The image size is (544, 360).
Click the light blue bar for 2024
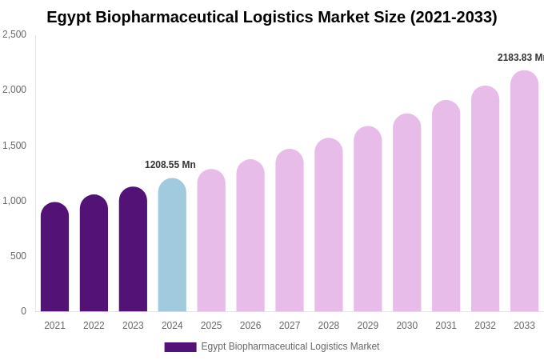(172, 245)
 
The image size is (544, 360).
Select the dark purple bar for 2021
(54, 257)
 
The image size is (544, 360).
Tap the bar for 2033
(524, 191)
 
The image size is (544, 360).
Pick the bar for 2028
(328, 225)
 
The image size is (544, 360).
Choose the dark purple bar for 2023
(133, 249)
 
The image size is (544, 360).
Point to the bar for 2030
(406, 213)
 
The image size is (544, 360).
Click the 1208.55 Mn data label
(170, 165)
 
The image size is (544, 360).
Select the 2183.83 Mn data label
(520, 58)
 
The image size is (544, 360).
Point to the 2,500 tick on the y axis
(14, 34)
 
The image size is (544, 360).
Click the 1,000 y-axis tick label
(14, 201)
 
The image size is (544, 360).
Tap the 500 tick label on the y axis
(18, 256)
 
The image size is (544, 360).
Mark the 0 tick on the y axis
(23, 311)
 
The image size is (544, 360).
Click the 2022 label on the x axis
(94, 326)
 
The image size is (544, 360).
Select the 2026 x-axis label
(250, 326)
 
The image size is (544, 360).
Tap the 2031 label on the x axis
(446, 326)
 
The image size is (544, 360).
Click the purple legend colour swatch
(180, 347)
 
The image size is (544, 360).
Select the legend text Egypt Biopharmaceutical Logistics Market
(290, 346)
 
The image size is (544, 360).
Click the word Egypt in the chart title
(68, 17)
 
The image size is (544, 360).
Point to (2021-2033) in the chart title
(454, 17)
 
